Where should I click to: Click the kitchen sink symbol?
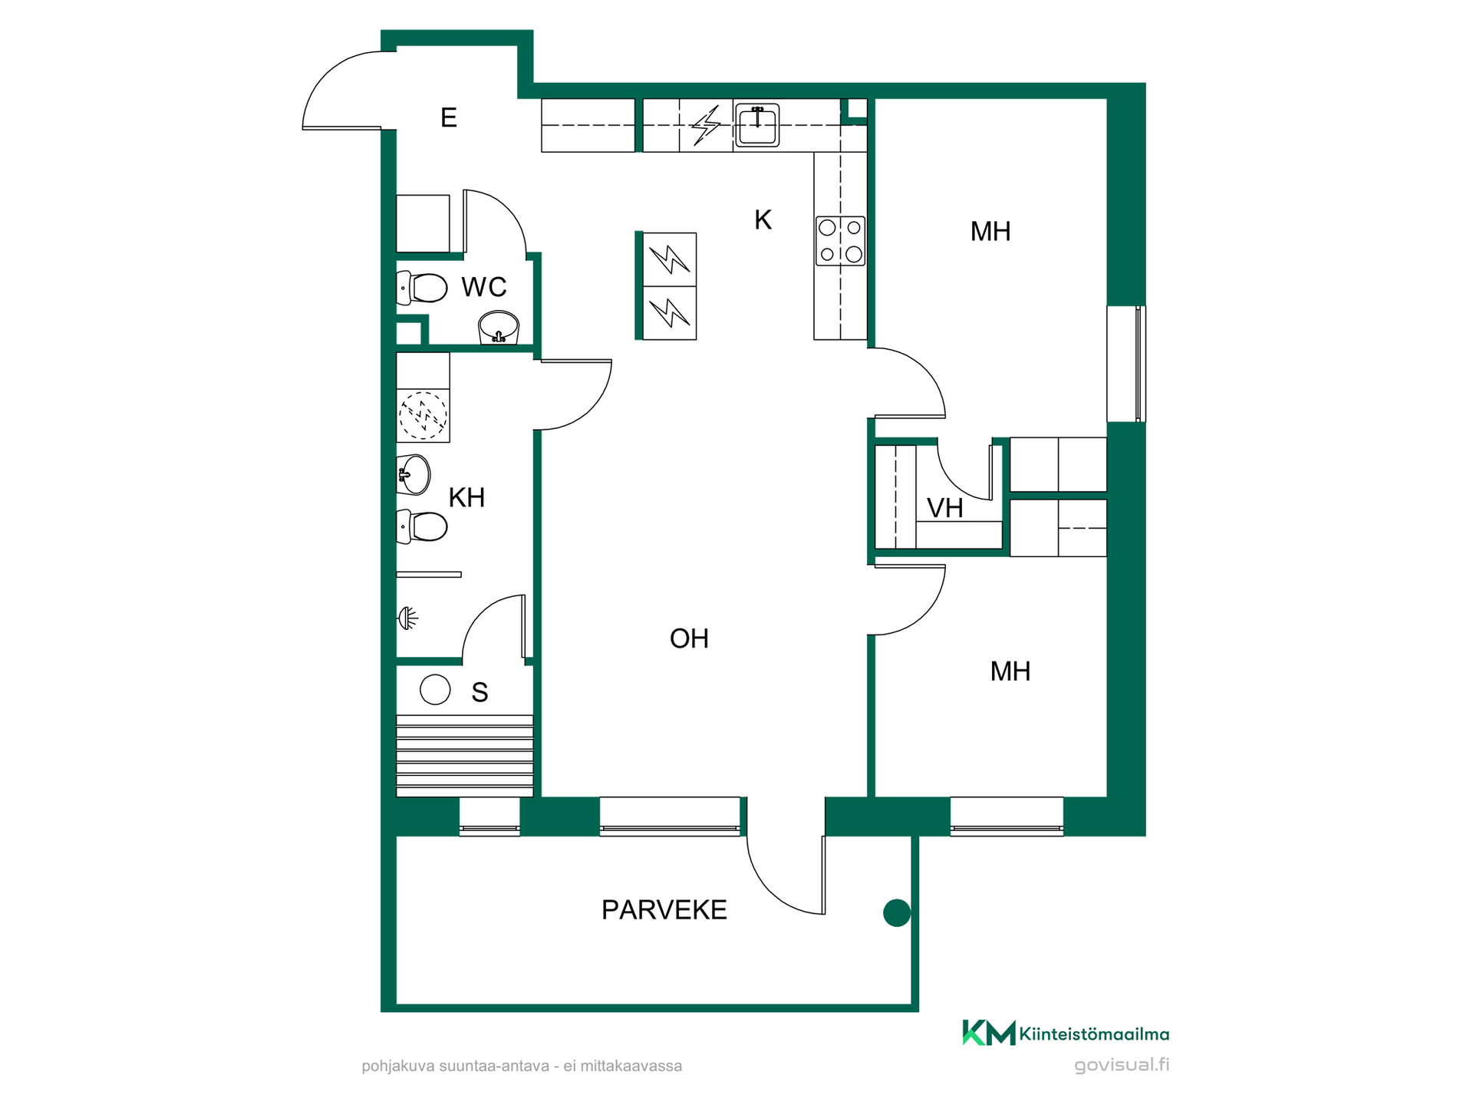[x=757, y=125]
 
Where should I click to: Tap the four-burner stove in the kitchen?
[x=840, y=241]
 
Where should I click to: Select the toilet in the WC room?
[x=421, y=288]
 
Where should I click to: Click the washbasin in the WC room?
[x=499, y=328]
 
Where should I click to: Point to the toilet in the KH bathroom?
[x=421, y=526]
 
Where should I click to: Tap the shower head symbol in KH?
[x=407, y=618]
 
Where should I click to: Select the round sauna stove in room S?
[x=435, y=689]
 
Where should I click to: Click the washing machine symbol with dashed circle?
[x=423, y=415]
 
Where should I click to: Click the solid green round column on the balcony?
[x=897, y=913]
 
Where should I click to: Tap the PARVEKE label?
[x=664, y=910]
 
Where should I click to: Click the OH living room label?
[x=689, y=638]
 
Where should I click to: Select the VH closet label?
[x=945, y=508]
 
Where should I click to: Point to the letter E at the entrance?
[x=449, y=117]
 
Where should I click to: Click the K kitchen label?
[x=763, y=220]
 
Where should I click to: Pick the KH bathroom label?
[x=466, y=497]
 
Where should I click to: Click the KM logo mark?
[x=989, y=1033]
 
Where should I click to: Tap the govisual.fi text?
[x=1122, y=1065]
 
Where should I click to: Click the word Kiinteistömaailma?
[x=1095, y=1034]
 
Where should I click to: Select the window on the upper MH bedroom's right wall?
[x=1126, y=364]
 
